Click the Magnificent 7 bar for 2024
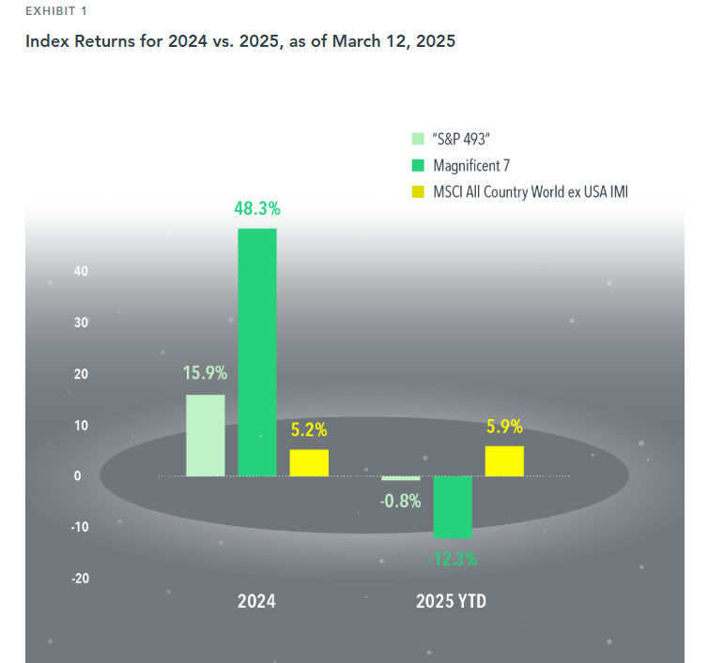click(257, 352)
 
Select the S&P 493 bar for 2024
click(206, 435)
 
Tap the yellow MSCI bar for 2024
click(309, 462)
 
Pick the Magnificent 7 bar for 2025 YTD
click(453, 506)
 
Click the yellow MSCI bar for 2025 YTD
click(504, 460)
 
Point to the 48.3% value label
click(257, 208)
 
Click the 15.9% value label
click(205, 372)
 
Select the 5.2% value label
click(309, 430)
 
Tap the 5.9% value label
click(504, 427)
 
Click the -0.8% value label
click(400, 501)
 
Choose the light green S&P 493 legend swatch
click(419, 140)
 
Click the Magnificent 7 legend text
click(471, 166)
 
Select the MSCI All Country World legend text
click(530, 192)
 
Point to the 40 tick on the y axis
click(81, 272)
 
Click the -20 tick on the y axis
click(80, 578)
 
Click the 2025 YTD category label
click(452, 602)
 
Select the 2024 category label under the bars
click(256, 602)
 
